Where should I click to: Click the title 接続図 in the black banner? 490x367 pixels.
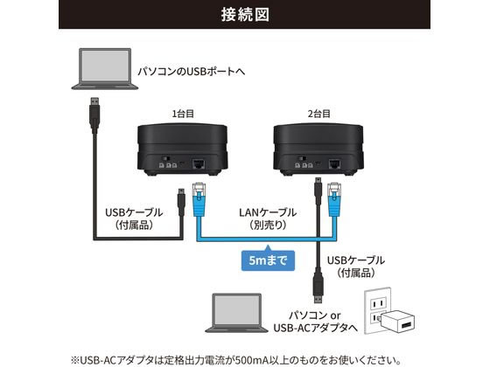pos(245,14)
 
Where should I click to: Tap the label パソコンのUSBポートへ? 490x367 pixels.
pos(192,72)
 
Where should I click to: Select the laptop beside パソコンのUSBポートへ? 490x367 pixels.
pos(105,69)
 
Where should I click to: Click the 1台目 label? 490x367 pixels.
pos(183,114)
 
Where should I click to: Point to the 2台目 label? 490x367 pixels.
pos(318,114)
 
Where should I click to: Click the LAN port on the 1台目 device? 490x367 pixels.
pos(199,164)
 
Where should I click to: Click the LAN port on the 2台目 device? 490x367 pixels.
pos(334,164)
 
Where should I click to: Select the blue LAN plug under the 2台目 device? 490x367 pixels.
pos(334,200)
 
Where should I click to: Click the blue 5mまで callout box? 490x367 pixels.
pos(268,260)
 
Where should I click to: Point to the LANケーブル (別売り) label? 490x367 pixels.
pos(268,218)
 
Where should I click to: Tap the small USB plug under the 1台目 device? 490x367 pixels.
pos(181,202)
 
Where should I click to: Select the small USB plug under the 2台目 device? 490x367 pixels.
pos(318,191)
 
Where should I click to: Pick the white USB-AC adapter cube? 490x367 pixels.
pos(398,322)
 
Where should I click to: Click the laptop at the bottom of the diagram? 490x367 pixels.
pos(236,313)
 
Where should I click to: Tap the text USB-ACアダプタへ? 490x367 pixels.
pos(316,328)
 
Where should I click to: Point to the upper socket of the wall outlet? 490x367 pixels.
pos(378,303)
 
